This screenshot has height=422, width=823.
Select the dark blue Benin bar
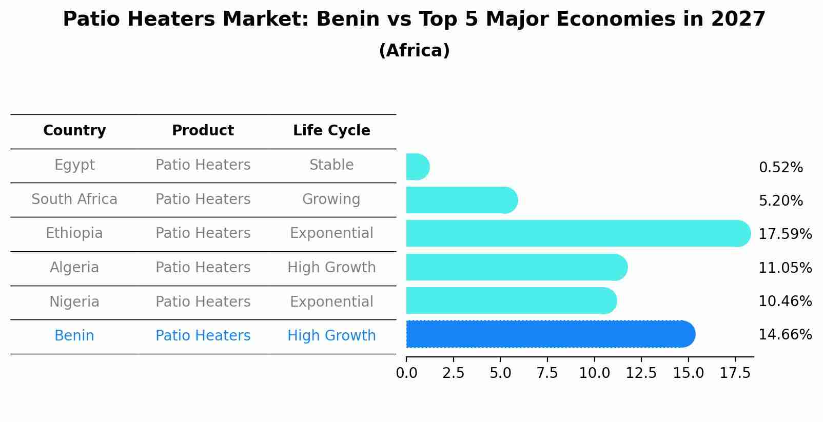549,334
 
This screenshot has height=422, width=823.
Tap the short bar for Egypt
417,167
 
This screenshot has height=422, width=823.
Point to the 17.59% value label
785,234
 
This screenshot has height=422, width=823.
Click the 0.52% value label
780,168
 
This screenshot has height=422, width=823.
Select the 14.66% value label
785,335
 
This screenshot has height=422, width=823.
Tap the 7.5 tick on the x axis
547,373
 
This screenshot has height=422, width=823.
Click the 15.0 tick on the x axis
688,373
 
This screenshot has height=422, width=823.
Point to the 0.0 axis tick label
406,373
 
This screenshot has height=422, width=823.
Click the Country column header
74,131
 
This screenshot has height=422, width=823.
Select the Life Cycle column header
331,131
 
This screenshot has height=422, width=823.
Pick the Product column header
203,131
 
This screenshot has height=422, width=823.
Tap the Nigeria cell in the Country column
74,302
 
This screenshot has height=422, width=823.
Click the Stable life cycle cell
331,165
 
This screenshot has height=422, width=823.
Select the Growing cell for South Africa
331,199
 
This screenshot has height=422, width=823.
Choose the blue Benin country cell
74,336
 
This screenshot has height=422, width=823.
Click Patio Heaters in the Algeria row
203,268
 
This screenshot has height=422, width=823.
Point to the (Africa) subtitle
414,51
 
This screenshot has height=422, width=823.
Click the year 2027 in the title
738,19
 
